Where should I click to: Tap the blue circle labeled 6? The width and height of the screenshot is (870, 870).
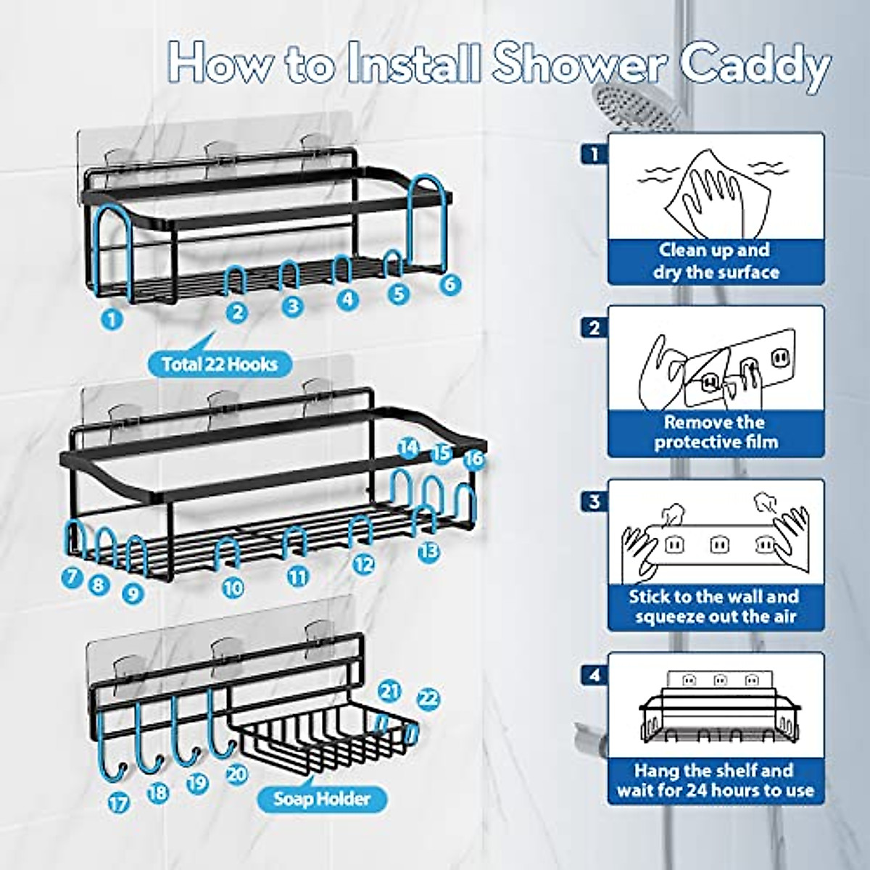tap(450, 283)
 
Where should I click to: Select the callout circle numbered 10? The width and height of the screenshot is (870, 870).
tap(232, 588)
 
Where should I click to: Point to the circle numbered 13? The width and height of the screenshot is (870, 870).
tap(429, 551)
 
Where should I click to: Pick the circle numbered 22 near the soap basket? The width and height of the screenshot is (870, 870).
tap(429, 698)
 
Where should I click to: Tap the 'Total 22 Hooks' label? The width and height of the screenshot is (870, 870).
tap(220, 362)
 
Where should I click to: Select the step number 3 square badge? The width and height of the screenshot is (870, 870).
tap(594, 501)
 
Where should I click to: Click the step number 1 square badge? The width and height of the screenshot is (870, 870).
tap(594, 154)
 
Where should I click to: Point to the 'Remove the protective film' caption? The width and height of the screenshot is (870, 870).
tap(716, 432)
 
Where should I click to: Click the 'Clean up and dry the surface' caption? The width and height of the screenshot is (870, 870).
tap(716, 262)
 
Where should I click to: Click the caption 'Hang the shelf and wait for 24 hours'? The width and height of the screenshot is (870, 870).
tap(716, 780)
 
